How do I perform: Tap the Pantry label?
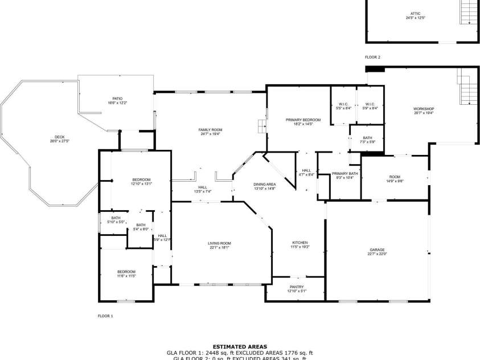tap(297, 287)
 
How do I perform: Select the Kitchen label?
tap(300, 243)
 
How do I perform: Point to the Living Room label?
tap(219, 243)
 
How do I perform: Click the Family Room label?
tap(210, 130)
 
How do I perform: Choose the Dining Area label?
tap(265, 185)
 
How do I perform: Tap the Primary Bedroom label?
tap(303, 120)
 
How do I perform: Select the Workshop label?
tap(424, 109)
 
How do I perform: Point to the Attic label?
tap(416, 14)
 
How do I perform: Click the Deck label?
tap(59, 137)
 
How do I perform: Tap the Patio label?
tap(117, 99)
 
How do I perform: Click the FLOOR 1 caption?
tap(105, 316)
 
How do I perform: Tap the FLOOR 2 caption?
tap(372, 58)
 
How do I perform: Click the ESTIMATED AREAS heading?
tap(240, 346)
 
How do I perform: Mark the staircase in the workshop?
tap(467, 86)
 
